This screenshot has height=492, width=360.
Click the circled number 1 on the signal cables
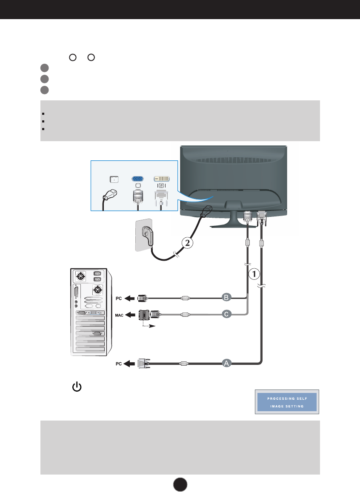point(254,274)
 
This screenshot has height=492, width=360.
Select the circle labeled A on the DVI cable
point(227,363)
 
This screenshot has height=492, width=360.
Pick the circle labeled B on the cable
point(227,297)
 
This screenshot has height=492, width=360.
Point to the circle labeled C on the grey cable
point(227,314)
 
